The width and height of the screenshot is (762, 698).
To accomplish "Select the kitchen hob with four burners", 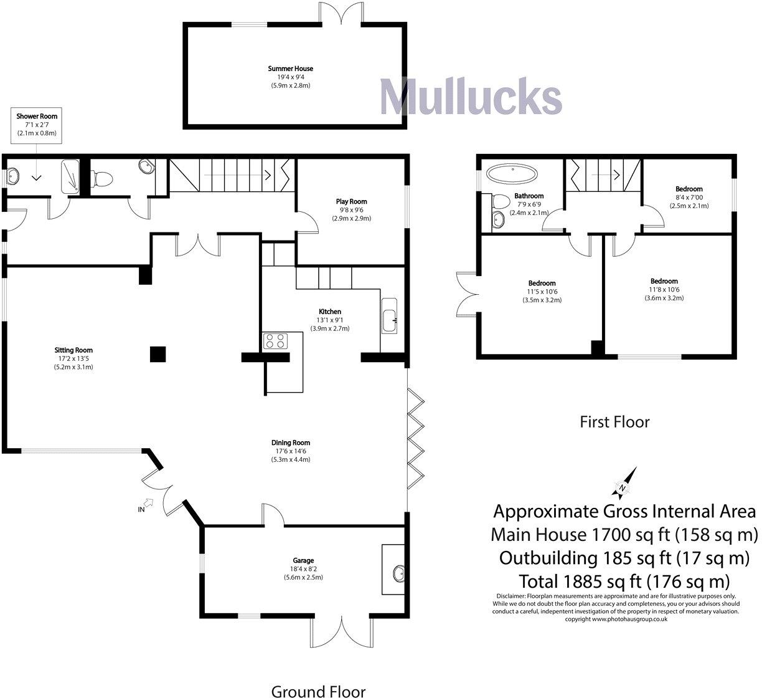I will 275,341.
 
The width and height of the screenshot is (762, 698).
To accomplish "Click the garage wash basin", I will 398,571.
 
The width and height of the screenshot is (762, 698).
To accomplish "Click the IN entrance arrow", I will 148,504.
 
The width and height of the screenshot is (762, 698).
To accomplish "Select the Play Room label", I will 351,201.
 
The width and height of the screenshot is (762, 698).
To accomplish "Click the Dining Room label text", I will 289,443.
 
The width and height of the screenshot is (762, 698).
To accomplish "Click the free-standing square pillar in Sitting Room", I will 158,354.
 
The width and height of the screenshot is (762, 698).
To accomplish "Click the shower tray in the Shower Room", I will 70,175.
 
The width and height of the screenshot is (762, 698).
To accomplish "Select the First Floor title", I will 614,422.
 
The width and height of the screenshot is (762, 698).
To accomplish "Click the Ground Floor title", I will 318,690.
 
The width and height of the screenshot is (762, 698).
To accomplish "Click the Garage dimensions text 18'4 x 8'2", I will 304,568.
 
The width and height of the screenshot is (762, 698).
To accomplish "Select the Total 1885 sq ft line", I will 624,581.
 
